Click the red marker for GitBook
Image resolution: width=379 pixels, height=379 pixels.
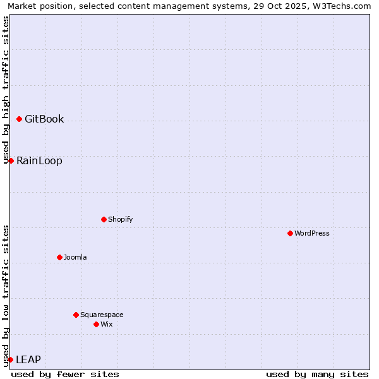(x=19, y=119)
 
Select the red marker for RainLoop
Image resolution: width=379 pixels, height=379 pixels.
(x=11, y=160)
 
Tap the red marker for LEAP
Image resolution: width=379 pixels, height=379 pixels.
(x=10, y=359)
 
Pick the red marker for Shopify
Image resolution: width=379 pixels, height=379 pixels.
(x=104, y=219)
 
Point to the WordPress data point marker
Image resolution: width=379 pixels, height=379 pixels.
(x=290, y=233)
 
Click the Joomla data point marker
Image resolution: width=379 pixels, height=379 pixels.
(x=59, y=257)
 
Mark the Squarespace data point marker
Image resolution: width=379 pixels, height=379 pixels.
(x=76, y=315)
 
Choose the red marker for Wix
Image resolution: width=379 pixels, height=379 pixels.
(x=96, y=324)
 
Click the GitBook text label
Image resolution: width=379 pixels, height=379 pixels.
(x=44, y=119)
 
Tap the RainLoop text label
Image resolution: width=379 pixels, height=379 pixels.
(x=39, y=160)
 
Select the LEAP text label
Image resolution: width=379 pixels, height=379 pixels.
(x=28, y=359)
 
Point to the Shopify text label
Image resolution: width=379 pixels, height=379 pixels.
(x=120, y=219)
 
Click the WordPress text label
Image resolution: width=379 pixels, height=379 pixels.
(x=312, y=233)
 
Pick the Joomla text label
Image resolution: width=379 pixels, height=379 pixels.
(x=75, y=257)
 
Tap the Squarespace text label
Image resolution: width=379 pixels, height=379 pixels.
(x=102, y=315)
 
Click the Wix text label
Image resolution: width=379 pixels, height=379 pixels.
(x=107, y=324)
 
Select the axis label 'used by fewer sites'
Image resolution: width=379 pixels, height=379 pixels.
(x=65, y=374)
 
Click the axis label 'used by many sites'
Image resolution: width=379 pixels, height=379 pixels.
(x=317, y=374)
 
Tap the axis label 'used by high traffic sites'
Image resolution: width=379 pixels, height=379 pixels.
(x=6, y=88)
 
